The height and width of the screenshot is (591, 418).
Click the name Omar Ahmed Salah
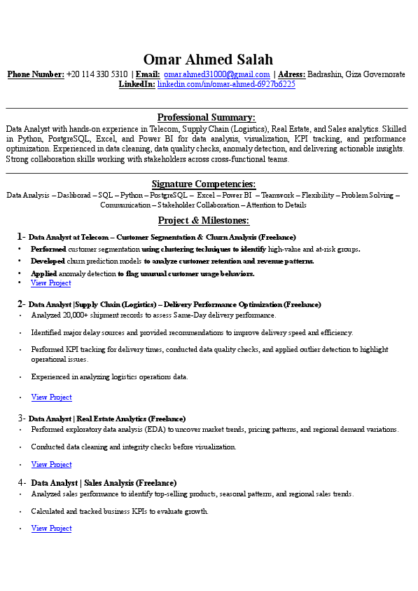(208, 60)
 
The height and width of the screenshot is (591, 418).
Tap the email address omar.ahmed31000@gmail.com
(217, 74)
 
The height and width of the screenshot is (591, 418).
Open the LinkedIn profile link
(226, 84)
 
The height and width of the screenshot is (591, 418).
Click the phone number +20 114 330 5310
(97, 74)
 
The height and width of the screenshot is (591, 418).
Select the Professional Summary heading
(207, 117)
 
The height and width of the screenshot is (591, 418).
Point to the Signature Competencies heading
(204, 184)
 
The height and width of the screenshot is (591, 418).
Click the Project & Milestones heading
(204, 220)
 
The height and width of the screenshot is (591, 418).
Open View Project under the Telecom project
(50, 283)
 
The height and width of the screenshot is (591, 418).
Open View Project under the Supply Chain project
(51, 398)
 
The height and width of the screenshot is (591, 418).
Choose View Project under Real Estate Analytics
(51, 465)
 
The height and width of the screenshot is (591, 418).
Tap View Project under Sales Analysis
(51, 529)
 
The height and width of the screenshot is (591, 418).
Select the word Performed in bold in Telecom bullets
(48, 249)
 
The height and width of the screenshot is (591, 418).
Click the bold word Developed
(48, 261)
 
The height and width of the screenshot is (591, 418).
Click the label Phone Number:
(36, 74)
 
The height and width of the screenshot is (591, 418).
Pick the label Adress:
(291, 74)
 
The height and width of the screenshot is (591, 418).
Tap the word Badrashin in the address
(325, 74)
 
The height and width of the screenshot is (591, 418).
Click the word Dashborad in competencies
(74, 195)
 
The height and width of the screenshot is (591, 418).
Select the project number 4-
(22, 482)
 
